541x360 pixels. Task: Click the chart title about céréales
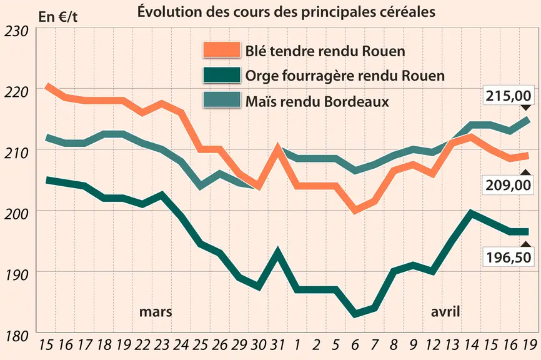coord(286,12)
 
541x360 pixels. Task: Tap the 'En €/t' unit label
coord(58,17)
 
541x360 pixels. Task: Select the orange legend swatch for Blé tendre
coord(222,50)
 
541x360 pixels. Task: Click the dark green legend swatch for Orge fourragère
coord(222,75)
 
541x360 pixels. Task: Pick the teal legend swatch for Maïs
coord(222,100)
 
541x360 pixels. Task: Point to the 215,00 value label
coord(509,96)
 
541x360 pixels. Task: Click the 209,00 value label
coord(509,186)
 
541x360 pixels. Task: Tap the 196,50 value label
coord(509,257)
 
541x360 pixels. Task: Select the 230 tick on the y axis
coord(16,32)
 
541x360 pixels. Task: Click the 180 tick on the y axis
coord(16,336)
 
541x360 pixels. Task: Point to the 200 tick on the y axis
coord(16,214)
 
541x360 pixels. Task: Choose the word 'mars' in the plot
coord(156,312)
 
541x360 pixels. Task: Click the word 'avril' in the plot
coord(445,312)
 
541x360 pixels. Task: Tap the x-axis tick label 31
coord(277,344)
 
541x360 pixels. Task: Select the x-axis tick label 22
coord(142,344)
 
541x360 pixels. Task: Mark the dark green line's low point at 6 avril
coord(355,314)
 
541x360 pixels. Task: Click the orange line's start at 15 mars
coord(47,86)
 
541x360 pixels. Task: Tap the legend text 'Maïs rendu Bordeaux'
coord(317,101)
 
